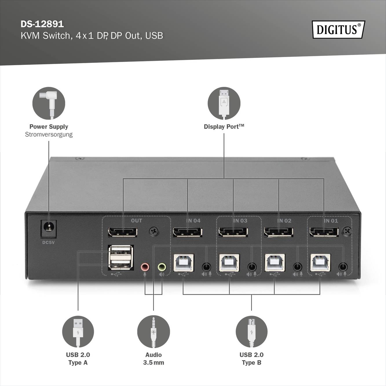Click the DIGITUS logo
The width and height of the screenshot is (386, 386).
[x=338, y=30]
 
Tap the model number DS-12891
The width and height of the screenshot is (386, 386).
[x=42, y=24]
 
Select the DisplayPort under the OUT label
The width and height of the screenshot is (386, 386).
[x=122, y=232]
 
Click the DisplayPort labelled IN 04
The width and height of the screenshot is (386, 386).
[x=187, y=232]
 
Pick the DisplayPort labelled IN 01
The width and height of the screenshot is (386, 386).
[x=324, y=232]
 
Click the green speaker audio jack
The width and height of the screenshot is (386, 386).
[x=162, y=267]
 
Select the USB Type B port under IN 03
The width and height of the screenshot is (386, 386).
[x=229, y=263]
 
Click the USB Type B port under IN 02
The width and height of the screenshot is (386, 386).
[x=275, y=263]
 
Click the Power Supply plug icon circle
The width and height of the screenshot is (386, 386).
[x=49, y=103]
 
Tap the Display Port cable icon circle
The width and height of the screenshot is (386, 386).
[x=224, y=103]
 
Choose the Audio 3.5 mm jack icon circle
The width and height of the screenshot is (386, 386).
[x=153, y=332]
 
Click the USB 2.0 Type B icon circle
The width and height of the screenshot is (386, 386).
[x=251, y=332]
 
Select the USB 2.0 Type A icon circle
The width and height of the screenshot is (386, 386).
[x=78, y=332]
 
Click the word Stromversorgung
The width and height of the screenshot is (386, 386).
[x=49, y=134]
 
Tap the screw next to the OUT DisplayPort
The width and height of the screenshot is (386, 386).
[x=154, y=231]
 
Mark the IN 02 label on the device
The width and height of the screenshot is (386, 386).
[x=284, y=221]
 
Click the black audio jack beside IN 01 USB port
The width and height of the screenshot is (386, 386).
[x=343, y=266]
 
